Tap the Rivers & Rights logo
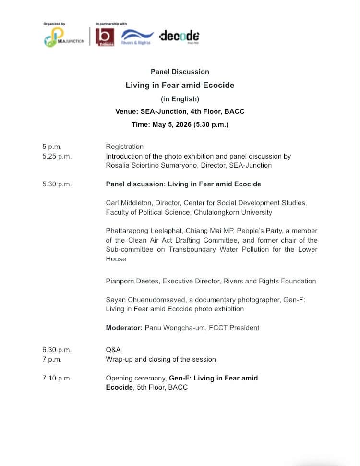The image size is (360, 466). point(137,37)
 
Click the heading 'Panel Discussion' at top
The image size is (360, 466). point(180,72)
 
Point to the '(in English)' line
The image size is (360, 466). point(180,99)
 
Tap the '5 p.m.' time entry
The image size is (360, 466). point(52,147)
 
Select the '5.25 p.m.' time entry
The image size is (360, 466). point(57,156)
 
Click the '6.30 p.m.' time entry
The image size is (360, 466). point(57,350)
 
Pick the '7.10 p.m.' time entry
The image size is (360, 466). point(57,378)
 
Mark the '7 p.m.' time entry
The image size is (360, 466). point(52,359)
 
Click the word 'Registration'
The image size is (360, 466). point(124,147)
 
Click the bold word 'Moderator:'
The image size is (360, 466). point(124,328)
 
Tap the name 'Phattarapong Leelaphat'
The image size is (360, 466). point(143,231)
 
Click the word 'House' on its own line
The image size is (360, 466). point(116,259)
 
